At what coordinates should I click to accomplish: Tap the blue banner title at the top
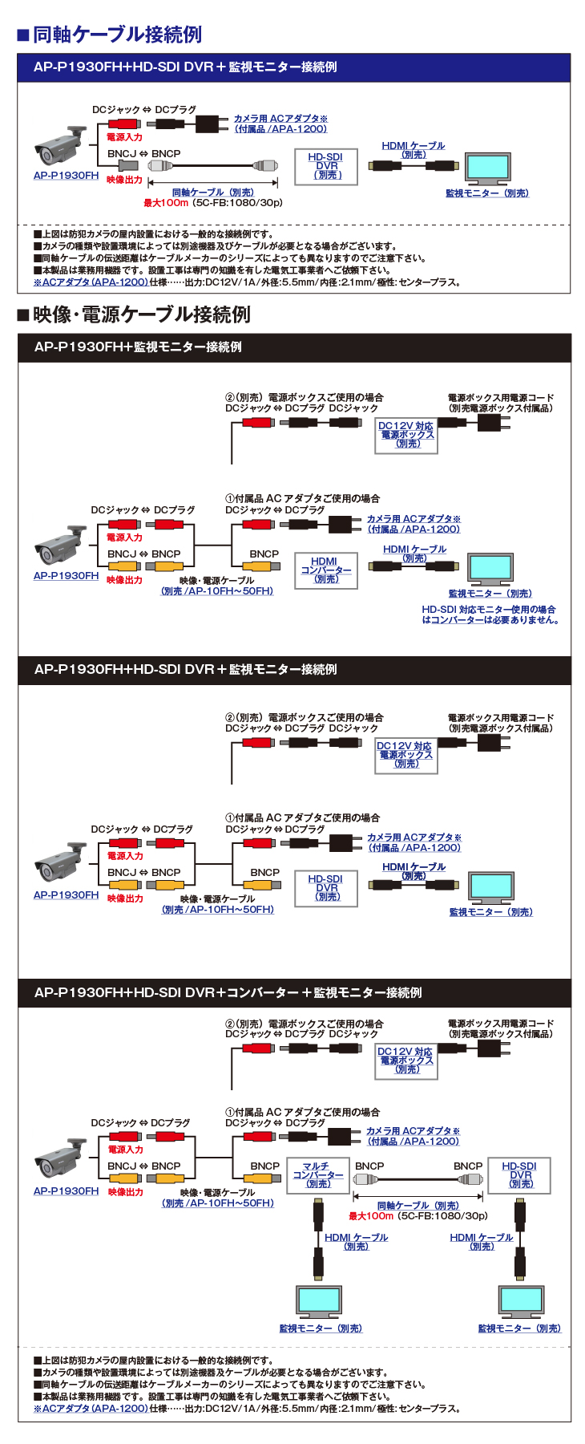click(x=185, y=67)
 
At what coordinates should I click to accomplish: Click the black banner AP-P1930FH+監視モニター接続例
click(x=138, y=347)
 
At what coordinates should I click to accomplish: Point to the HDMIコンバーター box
click(x=325, y=570)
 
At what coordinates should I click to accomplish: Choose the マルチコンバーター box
click(x=318, y=1176)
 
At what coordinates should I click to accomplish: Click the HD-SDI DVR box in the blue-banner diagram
click(x=325, y=166)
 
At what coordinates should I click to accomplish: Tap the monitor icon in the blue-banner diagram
click(x=487, y=169)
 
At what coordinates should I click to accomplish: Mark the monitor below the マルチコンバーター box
click(x=319, y=1302)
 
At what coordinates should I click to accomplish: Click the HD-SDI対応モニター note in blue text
click(x=490, y=615)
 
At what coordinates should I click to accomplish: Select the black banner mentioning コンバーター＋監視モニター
click(x=228, y=993)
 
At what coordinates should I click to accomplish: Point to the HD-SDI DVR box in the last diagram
click(x=518, y=1174)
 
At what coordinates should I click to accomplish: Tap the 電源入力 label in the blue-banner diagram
click(x=124, y=137)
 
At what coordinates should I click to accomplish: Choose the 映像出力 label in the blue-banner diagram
click(x=124, y=180)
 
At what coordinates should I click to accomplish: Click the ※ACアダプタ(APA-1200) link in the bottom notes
click(x=91, y=1408)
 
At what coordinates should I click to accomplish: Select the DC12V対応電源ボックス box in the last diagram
click(x=405, y=1061)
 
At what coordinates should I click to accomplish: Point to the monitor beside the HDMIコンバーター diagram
click(x=490, y=570)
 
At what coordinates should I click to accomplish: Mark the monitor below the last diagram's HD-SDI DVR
click(x=520, y=1302)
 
